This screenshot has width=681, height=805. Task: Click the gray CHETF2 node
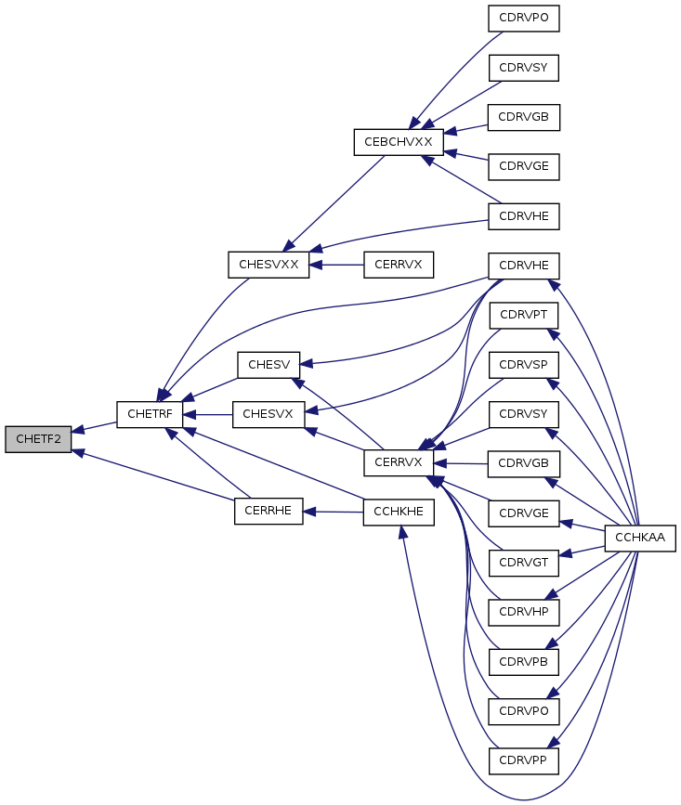click(38, 439)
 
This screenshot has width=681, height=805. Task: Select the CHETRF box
click(150, 414)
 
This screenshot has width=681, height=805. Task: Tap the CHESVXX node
click(268, 265)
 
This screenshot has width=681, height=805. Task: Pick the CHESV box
click(268, 365)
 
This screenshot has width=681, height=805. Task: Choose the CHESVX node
click(268, 414)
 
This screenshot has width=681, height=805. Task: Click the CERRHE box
click(268, 511)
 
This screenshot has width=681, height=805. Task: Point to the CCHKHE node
click(399, 512)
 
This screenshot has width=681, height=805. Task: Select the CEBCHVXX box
click(399, 142)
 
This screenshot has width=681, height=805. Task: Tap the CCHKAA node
click(640, 538)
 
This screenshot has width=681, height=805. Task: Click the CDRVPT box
click(523, 316)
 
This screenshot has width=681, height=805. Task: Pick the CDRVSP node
click(523, 365)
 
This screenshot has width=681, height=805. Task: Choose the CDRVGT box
click(523, 563)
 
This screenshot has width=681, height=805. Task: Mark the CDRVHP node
click(523, 612)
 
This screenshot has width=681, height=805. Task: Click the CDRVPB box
click(523, 662)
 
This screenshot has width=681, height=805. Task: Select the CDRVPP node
click(523, 760)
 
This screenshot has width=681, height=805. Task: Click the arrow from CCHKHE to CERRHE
click(334, 512)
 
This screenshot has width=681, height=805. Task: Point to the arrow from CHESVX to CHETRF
click(207, 414)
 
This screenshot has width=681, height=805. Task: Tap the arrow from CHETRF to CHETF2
click(94, 427)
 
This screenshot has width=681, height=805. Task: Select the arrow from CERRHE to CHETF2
click(153, 474)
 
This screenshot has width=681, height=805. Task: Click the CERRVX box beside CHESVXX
click(399, 265)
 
